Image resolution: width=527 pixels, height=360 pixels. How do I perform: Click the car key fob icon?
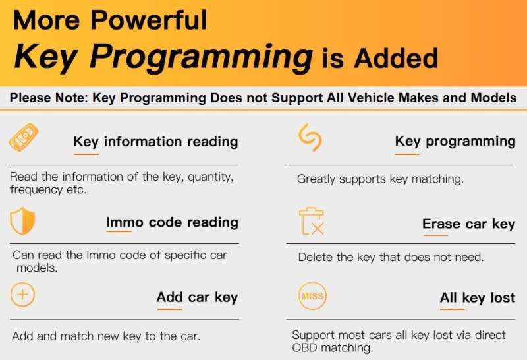24,137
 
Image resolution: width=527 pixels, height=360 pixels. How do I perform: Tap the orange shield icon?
22,221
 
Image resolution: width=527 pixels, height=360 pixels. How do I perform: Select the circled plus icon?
22,295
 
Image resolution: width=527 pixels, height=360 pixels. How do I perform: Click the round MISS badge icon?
312,296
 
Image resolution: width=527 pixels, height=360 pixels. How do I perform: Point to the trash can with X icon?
312,221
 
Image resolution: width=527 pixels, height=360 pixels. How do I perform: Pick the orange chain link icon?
310,138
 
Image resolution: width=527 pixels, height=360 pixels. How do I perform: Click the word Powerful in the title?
149,20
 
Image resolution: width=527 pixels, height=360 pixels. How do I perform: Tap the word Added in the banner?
396,58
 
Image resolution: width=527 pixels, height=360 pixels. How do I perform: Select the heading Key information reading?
155,142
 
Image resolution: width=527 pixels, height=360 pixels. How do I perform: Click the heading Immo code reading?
173,222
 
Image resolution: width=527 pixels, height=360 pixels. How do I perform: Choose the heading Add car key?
197,297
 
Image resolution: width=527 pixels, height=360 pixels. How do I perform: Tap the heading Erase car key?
468,224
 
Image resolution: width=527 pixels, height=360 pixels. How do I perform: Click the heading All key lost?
478,298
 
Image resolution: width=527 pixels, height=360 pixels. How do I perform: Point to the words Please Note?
49,98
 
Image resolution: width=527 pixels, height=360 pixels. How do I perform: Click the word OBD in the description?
304,347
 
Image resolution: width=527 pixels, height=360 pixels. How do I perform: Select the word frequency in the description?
36,190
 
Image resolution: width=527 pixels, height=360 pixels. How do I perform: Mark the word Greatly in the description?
316,179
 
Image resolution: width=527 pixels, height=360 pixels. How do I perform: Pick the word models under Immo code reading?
37,268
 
